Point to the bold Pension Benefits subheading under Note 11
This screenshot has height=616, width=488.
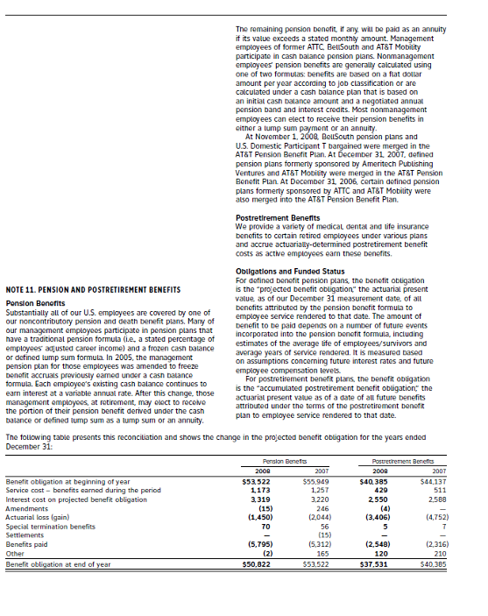tap(33, 303)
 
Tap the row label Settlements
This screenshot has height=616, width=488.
tap(26, 535)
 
